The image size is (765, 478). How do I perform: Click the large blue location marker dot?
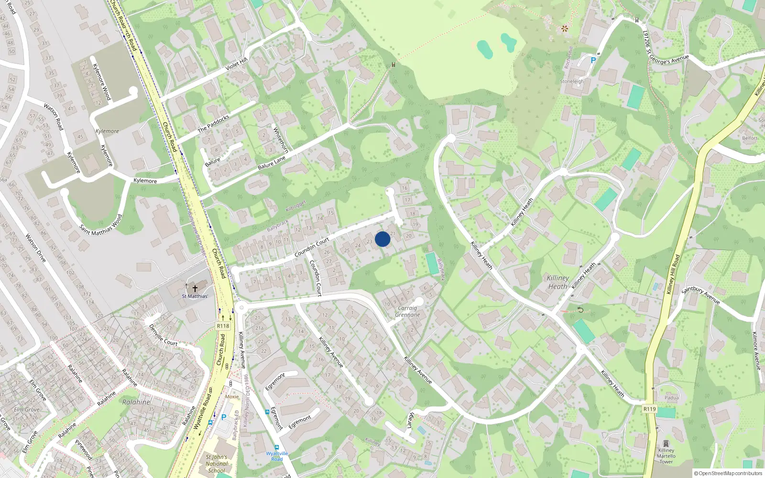[382, 239]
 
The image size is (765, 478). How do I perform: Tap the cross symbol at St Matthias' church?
[195, 288]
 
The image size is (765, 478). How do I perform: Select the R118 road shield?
[223, 326]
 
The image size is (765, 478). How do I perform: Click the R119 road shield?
[649, 409]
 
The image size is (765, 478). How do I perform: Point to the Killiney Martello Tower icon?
[666, 443]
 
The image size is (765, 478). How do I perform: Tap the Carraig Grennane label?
[407, 312]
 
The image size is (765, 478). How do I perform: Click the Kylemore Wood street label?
[101, 82]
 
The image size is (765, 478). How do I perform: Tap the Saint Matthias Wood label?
[101, 224]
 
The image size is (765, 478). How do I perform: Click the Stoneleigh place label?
[572, 81]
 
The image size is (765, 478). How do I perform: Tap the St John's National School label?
[217, 464]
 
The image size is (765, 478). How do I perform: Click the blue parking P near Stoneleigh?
[593, 61]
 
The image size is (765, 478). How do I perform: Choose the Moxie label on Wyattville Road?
[232, 397]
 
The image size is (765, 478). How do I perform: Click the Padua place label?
[671, 398]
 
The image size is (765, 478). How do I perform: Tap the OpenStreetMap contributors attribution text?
[728, 473]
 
